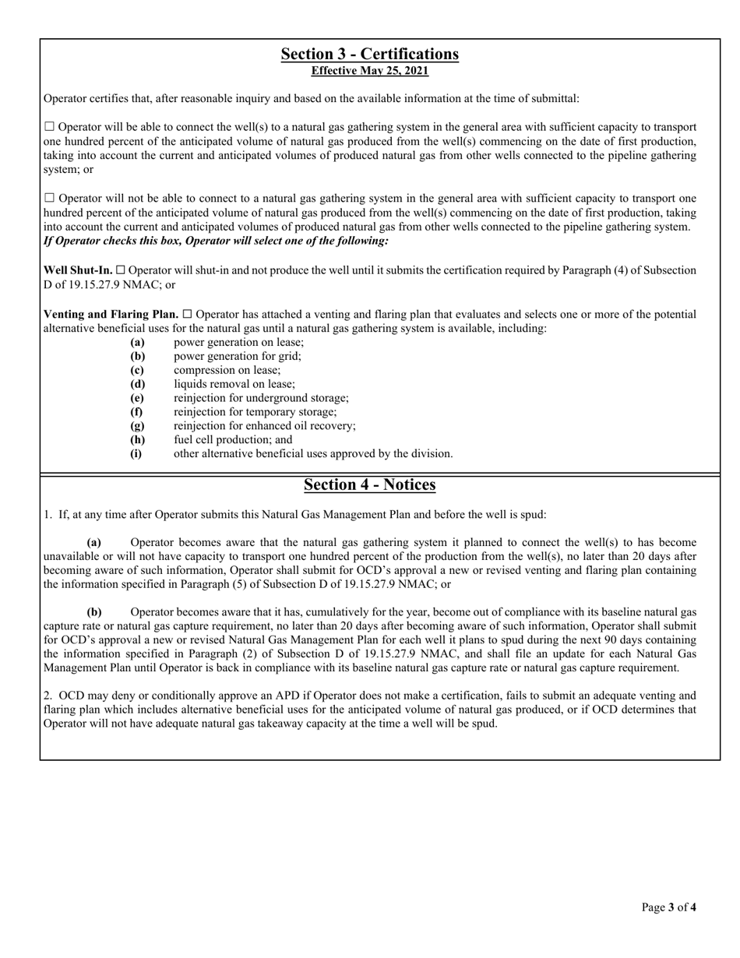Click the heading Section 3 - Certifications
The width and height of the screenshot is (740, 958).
369,54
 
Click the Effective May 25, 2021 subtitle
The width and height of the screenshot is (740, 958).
369,71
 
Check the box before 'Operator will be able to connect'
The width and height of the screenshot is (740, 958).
50,127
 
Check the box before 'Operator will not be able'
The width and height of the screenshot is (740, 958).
50,199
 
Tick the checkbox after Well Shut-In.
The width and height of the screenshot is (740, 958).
121,270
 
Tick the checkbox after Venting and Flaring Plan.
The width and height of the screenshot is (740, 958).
187,315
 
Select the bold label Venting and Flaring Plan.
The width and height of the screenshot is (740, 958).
111,315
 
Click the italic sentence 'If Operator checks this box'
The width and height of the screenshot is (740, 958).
216,241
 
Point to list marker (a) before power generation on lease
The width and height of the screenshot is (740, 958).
137,343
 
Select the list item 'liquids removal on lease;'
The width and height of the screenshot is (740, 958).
234,384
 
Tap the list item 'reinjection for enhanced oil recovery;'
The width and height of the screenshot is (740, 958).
264,426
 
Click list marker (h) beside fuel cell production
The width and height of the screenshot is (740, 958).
137,440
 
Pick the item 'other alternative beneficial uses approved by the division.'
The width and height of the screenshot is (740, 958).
312,453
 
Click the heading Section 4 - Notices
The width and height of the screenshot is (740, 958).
369,484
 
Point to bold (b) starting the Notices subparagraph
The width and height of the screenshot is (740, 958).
93,612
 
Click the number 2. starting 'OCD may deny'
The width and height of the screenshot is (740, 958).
48,696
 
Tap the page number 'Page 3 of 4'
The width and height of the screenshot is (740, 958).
668,907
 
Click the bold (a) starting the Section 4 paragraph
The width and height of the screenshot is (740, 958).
93,542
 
